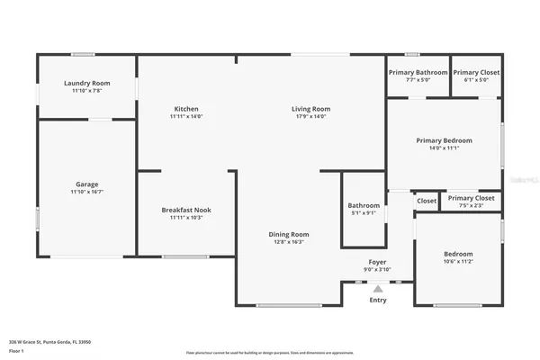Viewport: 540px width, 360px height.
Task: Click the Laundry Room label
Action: [x=87, y=83]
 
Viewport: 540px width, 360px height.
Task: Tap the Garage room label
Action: [x=87, y=184]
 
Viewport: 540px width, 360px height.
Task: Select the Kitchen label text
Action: [x=186, y=109]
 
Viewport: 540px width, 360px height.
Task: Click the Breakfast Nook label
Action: [x=186, y=210]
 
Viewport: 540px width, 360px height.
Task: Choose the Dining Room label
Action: [x=289, y=234]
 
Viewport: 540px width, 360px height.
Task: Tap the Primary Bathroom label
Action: [x=418, y=72]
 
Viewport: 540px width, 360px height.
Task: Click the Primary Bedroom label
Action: [x=444, y=140]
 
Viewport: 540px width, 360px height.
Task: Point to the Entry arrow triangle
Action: [x=377, y=288]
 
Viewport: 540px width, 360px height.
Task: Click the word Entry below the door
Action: [x=377, y=301]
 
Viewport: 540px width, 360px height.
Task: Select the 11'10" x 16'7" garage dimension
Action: [x=87, y=192]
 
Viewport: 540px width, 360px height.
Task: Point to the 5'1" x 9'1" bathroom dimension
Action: [x=364, y=213]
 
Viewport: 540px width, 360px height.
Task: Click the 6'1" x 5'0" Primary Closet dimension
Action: [x=476, y=79]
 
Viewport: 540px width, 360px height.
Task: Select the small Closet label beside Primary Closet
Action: [x=427, y=202]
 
